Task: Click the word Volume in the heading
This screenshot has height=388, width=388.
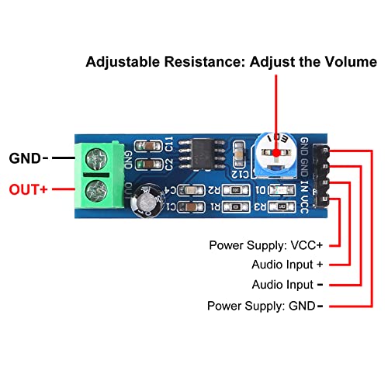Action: click(335, 62)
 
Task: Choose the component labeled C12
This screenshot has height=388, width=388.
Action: click(234, 173)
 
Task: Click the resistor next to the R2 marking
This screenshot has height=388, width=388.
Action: click(230, 190)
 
